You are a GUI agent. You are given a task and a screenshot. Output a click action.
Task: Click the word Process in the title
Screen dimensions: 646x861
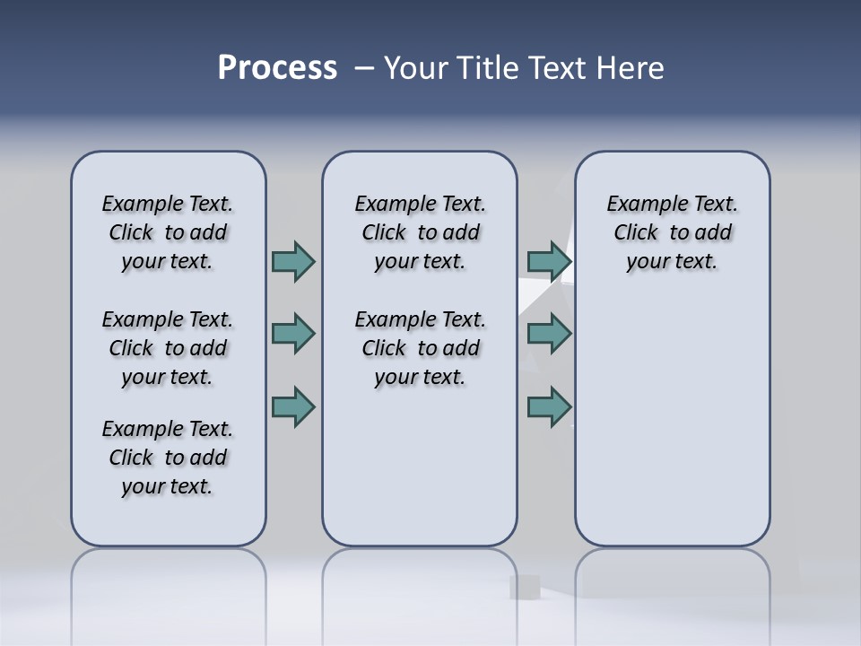pos(277,68)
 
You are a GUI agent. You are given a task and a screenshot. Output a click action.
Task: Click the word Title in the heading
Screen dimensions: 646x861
pos(488,68)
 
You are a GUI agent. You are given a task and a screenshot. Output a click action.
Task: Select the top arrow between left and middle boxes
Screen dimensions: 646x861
pos(292,261)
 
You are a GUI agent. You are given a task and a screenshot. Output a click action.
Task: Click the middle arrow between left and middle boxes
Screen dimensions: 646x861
pos(292,334)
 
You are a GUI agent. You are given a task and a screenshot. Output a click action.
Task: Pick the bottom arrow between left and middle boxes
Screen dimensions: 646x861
pos(292,406)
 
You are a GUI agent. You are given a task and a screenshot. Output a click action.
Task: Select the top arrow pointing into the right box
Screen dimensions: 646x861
pos(549,261)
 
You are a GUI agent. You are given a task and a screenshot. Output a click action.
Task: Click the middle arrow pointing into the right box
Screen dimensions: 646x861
pos(549,334)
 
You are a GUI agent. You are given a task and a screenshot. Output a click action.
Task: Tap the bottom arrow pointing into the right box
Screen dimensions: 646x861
pos(549,406)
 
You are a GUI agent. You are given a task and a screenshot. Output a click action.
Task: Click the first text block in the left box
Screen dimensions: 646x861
pos(168,232)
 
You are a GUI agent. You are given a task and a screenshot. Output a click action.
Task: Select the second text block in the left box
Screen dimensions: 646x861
pos(168,348)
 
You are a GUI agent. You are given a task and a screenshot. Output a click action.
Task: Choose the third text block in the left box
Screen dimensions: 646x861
pos(168,458)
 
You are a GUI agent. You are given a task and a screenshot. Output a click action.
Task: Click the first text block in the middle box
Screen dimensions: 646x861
pos(420,232)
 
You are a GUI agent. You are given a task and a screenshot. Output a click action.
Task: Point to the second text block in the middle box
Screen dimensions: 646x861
pos(420,348)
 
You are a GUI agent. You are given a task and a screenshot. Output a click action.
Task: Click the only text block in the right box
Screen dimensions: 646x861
pos(672,232)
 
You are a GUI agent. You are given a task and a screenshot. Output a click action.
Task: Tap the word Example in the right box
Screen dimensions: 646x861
pos(643,204)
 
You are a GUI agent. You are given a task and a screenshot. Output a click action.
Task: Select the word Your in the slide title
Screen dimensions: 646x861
pos(414,68)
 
